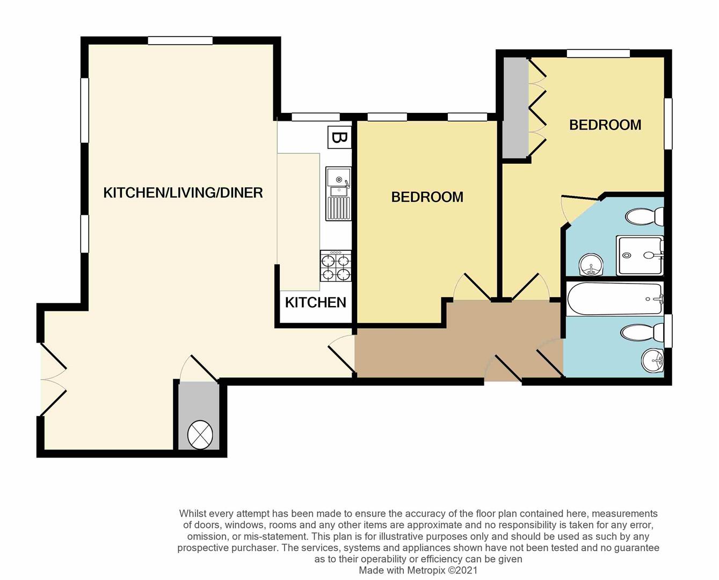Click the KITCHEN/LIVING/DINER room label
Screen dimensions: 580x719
[x=183, y=193]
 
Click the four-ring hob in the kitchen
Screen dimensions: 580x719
[x=336, y=266]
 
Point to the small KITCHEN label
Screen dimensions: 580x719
[x=315, y=303]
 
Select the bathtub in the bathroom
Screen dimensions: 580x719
[x=614, y=299]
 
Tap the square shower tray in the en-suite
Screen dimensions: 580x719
[x=639, y=255]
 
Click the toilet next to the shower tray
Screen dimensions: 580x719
[x=644, y=217]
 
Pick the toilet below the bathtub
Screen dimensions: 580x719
[x=642, y=333]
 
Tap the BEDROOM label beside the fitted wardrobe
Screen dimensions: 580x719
[x=605, y=125]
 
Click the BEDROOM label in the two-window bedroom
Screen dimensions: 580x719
[x=427, y=197]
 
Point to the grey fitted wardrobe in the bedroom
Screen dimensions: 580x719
[x=515, y=107]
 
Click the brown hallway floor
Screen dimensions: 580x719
[x=456, y=349]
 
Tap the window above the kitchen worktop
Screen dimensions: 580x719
[x=315, y=117]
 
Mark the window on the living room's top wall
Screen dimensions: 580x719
[x=180, y=40]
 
